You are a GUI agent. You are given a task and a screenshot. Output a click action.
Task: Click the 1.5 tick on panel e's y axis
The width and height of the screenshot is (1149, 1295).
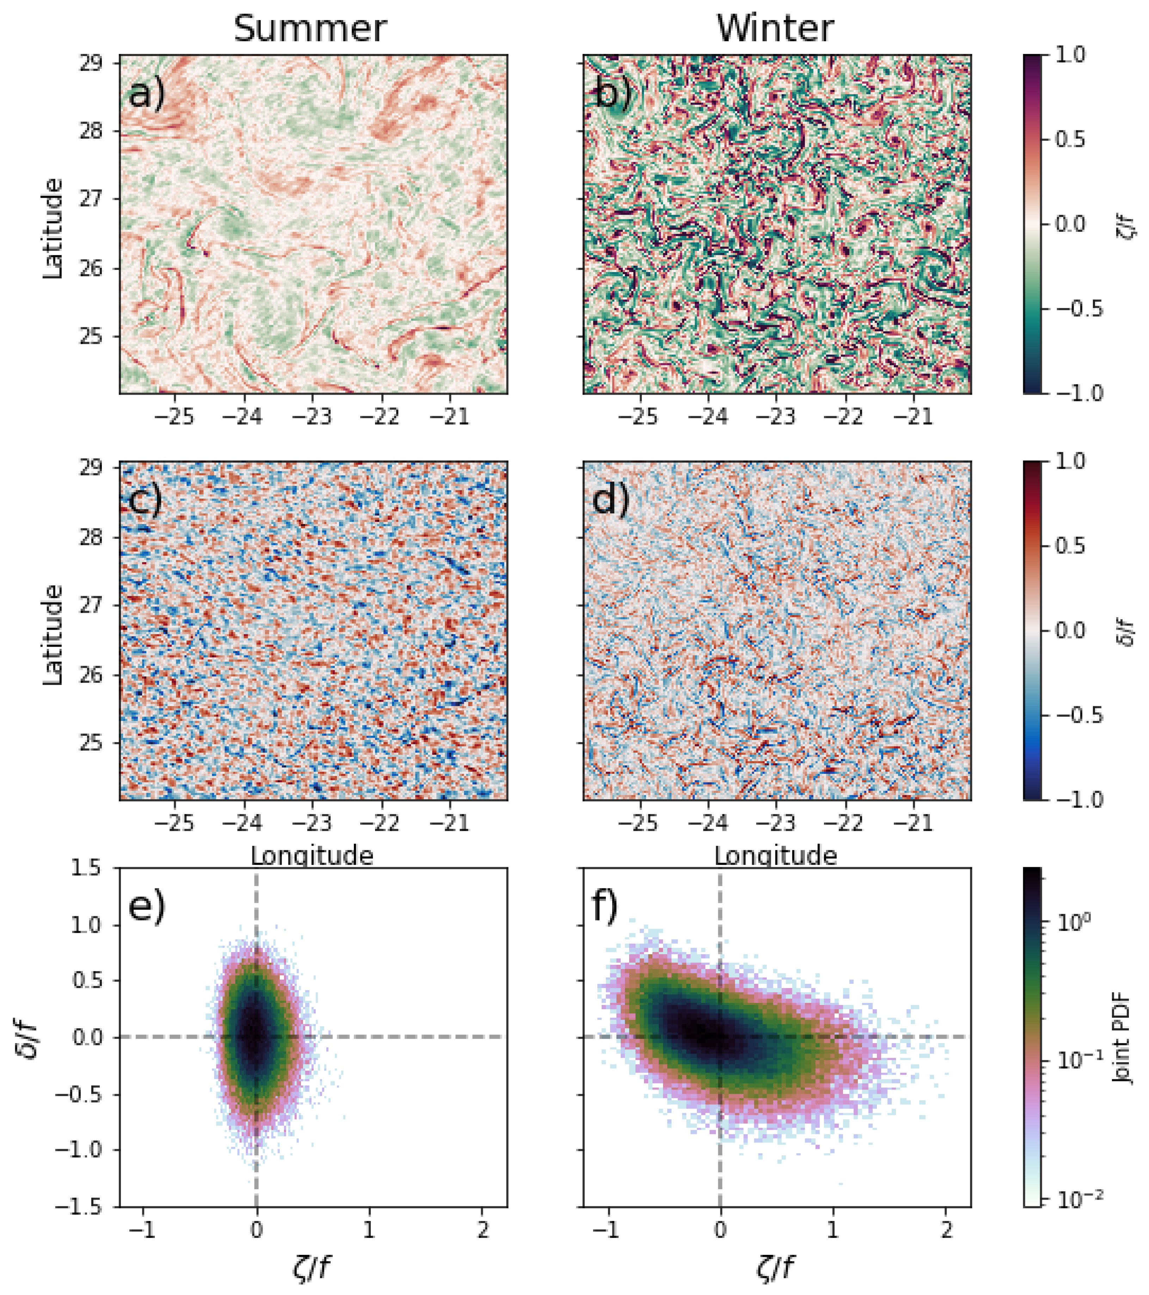click(87, 869)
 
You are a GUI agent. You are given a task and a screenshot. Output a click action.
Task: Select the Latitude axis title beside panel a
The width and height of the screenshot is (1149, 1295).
click(53, 228)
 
